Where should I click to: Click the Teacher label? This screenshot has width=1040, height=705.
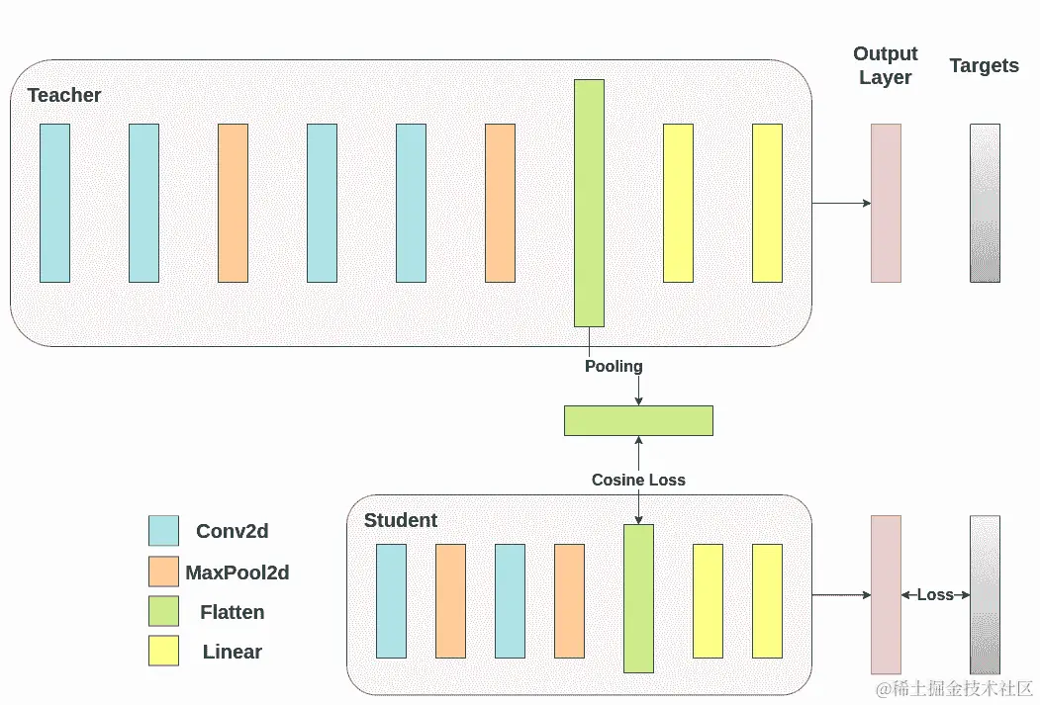pyautogui.click(x=64, y=95)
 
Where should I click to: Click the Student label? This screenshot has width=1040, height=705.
pyautogui.click(x=401, y=520)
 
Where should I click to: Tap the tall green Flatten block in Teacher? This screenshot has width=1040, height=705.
pyautogui.click(x=589, y=203)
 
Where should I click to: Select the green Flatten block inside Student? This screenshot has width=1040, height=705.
pyautogui.click(x=638, y=598)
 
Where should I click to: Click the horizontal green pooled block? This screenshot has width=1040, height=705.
pyautogui.click(x=638, y=420)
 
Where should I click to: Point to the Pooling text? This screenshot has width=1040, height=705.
pyautogui.click(x=614, y=366)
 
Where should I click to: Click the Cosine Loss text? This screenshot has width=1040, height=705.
pyautogui.click(x=638, y=480)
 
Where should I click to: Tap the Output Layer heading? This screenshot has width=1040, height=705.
pyautogui.click(x=886, y=65)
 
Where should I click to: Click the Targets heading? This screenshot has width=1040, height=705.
pyautogui.click(x=984, y=65)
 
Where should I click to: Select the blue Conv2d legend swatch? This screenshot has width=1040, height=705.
pyautogui.click(x=163, y=531)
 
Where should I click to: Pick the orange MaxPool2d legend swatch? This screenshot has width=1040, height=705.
pyautogui.click(x=163, y=572)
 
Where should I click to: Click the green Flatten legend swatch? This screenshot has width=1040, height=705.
pyautogui.click(x=163, y=611)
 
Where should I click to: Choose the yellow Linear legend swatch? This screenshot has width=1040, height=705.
pyautogui.click(x=163, y=651)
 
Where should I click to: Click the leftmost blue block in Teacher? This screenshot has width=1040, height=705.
pyautogui.click(x=54, y=203)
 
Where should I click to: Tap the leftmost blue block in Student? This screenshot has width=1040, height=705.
pyautogui.click(x=391, y=600)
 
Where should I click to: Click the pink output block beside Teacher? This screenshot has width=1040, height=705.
pyautogui.click(x=886, y=203)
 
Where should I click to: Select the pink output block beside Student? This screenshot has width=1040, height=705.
pyautogui.click(x=886, y=594)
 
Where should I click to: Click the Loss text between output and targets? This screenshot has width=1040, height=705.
pyautogui.click(x=935, y=594)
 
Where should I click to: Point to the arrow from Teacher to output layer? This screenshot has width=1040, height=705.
pyautogui.click(x=841, y=203)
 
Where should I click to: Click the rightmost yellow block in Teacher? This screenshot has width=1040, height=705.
pyautogui.click(x=767, y=203)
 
